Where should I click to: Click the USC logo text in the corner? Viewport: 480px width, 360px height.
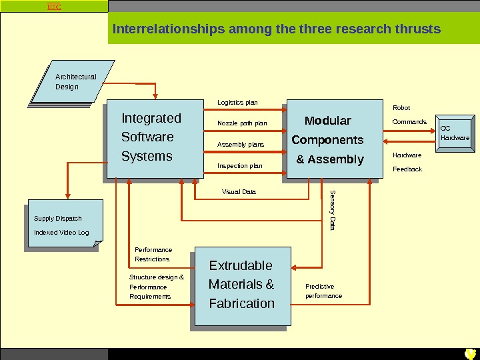point(53,7)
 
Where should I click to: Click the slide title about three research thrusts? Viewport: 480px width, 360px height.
point(277,29)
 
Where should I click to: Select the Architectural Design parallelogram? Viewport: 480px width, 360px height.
point(75,82)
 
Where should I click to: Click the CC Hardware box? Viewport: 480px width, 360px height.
point(455,133)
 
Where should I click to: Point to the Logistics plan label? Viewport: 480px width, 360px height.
point(237,103)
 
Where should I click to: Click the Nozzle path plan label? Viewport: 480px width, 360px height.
point(242,123)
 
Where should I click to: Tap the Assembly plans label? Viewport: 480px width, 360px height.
point(241,145)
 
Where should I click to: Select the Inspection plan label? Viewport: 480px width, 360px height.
point(240,166)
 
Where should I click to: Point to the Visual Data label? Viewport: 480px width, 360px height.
point(239,192)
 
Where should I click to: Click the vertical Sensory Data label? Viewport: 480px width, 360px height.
point(333,211)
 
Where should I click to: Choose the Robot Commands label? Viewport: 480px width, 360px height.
point(409,115)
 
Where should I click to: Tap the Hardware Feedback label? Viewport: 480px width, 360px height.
point(407,162)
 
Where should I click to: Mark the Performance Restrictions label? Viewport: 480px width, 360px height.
point(153,254)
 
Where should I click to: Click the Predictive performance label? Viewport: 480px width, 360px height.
point(323,291)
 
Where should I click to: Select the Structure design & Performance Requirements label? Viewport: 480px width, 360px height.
point(156,287)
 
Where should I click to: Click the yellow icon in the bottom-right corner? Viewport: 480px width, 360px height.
point(470,353)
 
